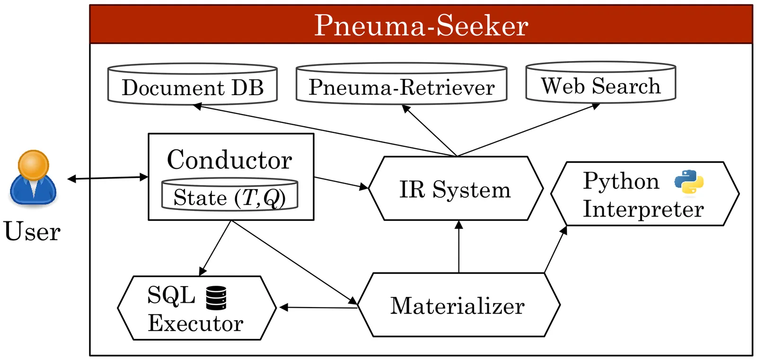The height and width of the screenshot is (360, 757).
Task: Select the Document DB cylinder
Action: [x=193, y=85]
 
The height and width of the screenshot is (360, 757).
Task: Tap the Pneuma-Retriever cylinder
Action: [x=401, y=85]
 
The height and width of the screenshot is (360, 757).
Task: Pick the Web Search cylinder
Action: [x=600, y=84]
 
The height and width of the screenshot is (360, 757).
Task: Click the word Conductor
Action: [x=229, y=159]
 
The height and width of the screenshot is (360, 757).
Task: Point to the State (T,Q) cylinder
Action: [x=230, y=195]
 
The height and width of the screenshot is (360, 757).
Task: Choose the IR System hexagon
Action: [x=455, y=189]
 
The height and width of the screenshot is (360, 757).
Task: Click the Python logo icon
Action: [x=689, y=182]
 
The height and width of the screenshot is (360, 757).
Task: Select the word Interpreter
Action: [x=643, y=209]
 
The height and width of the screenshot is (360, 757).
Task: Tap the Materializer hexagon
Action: [x=458, y=305]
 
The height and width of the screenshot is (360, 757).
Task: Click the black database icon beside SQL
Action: [x=216, y=298]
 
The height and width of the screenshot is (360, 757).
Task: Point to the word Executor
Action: [x=195, y=323]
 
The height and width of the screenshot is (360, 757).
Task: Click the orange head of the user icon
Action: [x=33, y=165]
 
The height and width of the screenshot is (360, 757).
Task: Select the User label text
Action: [x=32, y=231]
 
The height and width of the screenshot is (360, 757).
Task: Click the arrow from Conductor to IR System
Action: [x=341, y=183]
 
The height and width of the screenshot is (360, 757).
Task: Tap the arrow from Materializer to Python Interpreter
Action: [x=555, y=249]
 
